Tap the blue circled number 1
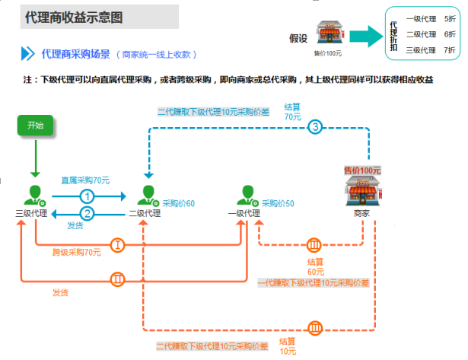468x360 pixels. [x=88, y=196]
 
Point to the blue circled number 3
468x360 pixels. [x=317, y=128]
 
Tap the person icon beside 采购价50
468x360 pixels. [x=247, y=195]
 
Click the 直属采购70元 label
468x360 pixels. [x=85, y=180]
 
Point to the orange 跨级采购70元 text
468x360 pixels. [x=77, y=252]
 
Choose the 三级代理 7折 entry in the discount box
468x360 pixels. [x=431, y=50]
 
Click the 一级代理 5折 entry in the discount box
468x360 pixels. [x=431, y=18]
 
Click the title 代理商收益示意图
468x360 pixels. [x=74, y=16]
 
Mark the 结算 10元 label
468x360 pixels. [x=288, y=346]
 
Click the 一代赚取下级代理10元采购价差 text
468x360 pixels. [x=313, y=283]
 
